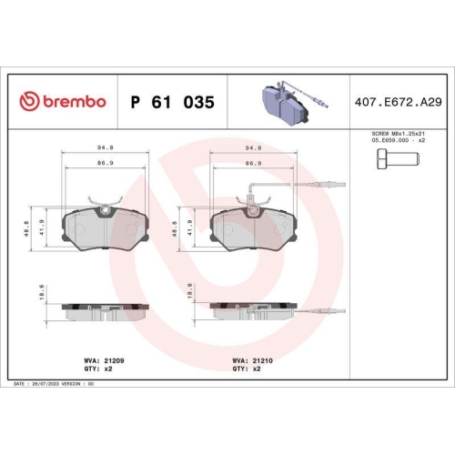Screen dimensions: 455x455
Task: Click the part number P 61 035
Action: [173, 103]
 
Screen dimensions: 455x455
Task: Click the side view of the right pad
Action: [252, 309]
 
